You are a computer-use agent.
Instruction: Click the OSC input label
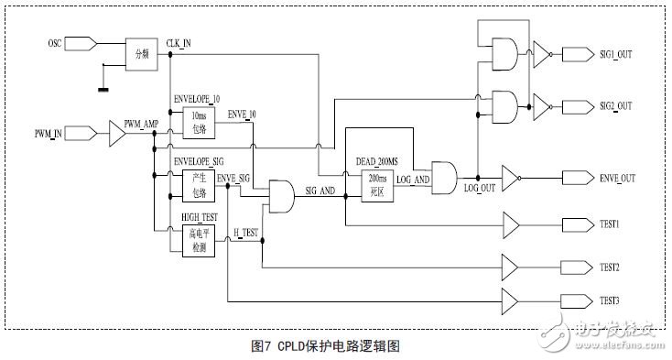point(55,43)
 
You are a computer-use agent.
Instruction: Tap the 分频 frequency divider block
point(142,54)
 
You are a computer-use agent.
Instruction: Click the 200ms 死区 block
point(375,177)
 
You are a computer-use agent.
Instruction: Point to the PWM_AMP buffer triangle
point(117,135)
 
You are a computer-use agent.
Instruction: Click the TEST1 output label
point(610,224)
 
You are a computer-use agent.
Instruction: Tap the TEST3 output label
point(610,300)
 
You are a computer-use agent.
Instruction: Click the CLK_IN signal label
point(179,43)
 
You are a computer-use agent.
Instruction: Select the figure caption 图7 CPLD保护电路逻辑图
point(325,345)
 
